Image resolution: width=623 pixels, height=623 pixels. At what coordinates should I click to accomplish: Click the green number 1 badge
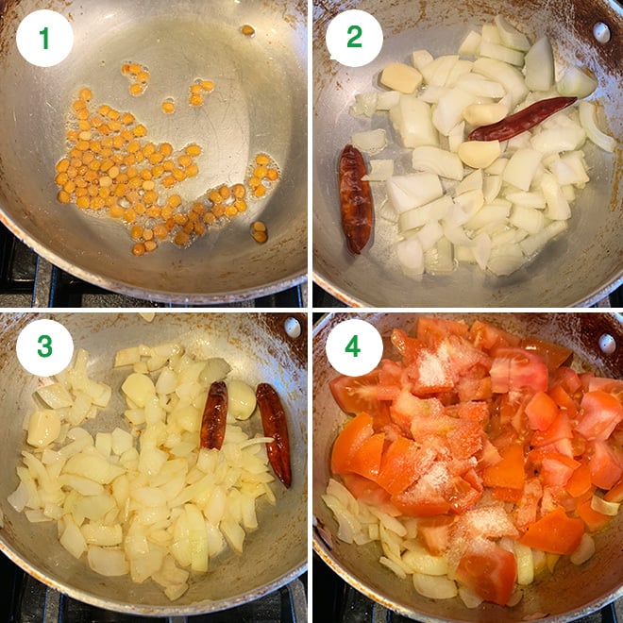[x=44, y=39]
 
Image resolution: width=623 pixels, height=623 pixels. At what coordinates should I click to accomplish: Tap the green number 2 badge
[x=354, y=38]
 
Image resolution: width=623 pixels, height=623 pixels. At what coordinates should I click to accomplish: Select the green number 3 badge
[x=44, y=347]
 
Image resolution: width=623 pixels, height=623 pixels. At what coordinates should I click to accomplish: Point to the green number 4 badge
[x=353, y=346]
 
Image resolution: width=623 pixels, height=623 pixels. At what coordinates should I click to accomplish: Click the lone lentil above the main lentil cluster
[x=248, y=30]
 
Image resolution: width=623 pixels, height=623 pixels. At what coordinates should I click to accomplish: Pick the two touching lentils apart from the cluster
[x=260, y=231]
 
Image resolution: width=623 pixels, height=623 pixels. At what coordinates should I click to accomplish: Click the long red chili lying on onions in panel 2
[x=522, y=118]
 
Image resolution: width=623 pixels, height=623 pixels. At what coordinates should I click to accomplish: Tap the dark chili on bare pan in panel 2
[x=355, y=199]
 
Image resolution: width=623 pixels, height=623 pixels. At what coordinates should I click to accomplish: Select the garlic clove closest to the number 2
[x=401, y=77]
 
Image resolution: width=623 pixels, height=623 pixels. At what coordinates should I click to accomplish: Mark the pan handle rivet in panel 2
[x=602, y=33]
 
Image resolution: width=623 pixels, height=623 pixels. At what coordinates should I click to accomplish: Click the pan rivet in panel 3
[x=293, y=328]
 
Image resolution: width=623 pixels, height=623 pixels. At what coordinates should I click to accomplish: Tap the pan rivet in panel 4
[x=608, y=345]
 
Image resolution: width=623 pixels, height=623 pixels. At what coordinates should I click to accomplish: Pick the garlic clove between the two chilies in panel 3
[x=242, y=400]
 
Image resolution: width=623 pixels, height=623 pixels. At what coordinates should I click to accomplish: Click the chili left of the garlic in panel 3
[x=214, y=415]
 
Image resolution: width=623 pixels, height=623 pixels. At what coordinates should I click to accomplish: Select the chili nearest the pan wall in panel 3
[x=274, y=434]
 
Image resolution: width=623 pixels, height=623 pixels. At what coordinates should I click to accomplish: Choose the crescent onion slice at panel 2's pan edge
[x=596, y=127]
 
